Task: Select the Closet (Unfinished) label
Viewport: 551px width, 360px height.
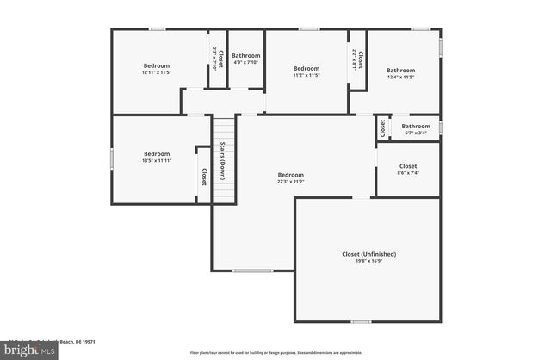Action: click(368, 254)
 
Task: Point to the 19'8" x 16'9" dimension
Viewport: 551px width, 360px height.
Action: click(368, 262)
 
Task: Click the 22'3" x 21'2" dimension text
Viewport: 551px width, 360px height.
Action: click(291, 182)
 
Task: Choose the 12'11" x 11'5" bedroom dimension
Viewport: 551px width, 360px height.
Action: click(156, 73)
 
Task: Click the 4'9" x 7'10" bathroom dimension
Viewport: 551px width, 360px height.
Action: click(246, 63)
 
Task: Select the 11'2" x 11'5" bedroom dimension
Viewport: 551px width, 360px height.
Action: click(306, 76)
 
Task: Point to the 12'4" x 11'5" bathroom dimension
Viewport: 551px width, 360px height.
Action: click(400, 78)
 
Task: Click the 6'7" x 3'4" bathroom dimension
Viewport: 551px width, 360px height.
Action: click(415, 133)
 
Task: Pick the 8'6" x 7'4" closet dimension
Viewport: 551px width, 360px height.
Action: click(408, 173)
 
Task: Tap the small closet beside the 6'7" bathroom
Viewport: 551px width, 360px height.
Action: click(381, 127)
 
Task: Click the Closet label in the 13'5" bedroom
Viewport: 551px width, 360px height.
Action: click(204, 176)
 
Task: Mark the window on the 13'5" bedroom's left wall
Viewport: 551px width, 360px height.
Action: click(112, 159)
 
